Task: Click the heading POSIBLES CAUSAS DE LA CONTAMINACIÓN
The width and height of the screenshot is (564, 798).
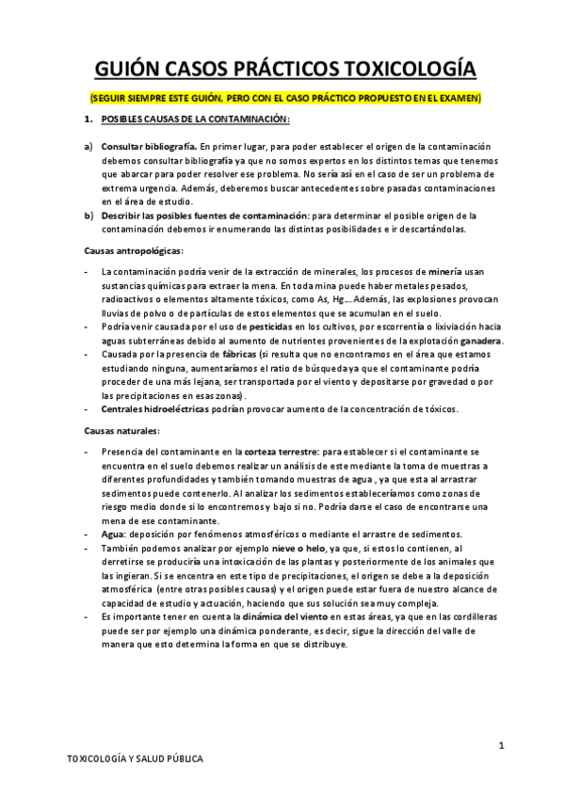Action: pos(195,120)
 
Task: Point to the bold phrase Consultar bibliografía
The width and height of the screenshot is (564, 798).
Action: pos(148,148)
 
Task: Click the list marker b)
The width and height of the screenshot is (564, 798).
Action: pos(89,216)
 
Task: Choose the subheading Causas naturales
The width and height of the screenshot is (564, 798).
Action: pos(121,430)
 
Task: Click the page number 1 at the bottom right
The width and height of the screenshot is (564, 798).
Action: pos(502,745)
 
